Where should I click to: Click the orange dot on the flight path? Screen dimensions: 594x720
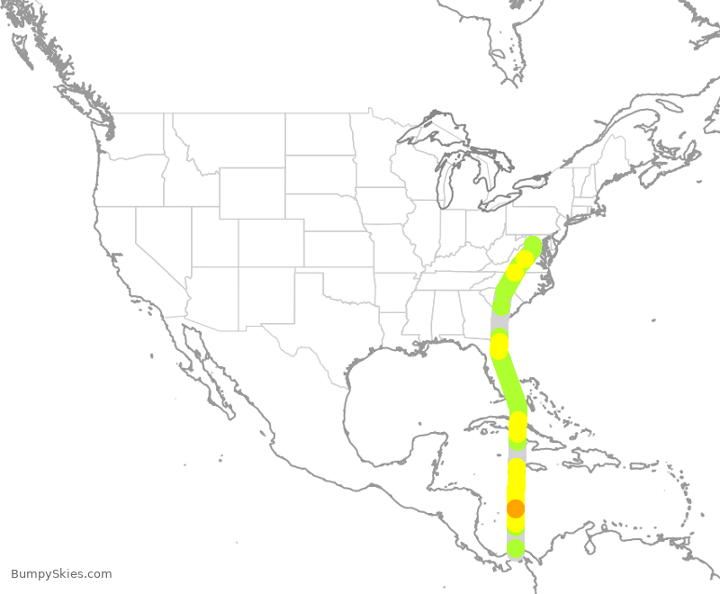click(516, 508)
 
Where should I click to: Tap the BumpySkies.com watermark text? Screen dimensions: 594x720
click(61, 573)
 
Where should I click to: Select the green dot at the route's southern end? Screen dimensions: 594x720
click(516, 547)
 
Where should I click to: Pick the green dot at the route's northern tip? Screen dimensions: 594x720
click(533, 245)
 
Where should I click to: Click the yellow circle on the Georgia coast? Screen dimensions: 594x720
click(499, 346)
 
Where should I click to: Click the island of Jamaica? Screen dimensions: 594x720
click(538, 466)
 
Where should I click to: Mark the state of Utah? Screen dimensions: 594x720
click(216, 238)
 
